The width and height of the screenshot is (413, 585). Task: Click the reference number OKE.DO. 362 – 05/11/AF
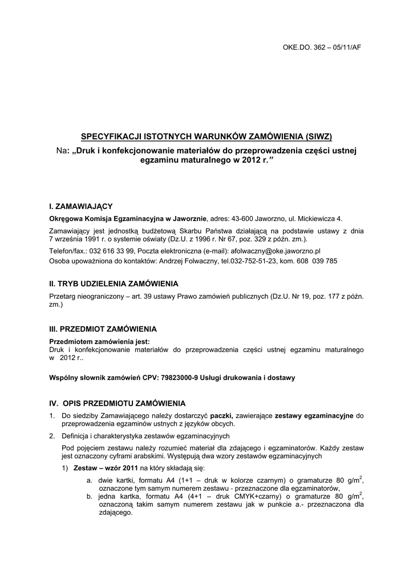click(322, 47)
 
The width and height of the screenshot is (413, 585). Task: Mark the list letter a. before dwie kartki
click(90, 480)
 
